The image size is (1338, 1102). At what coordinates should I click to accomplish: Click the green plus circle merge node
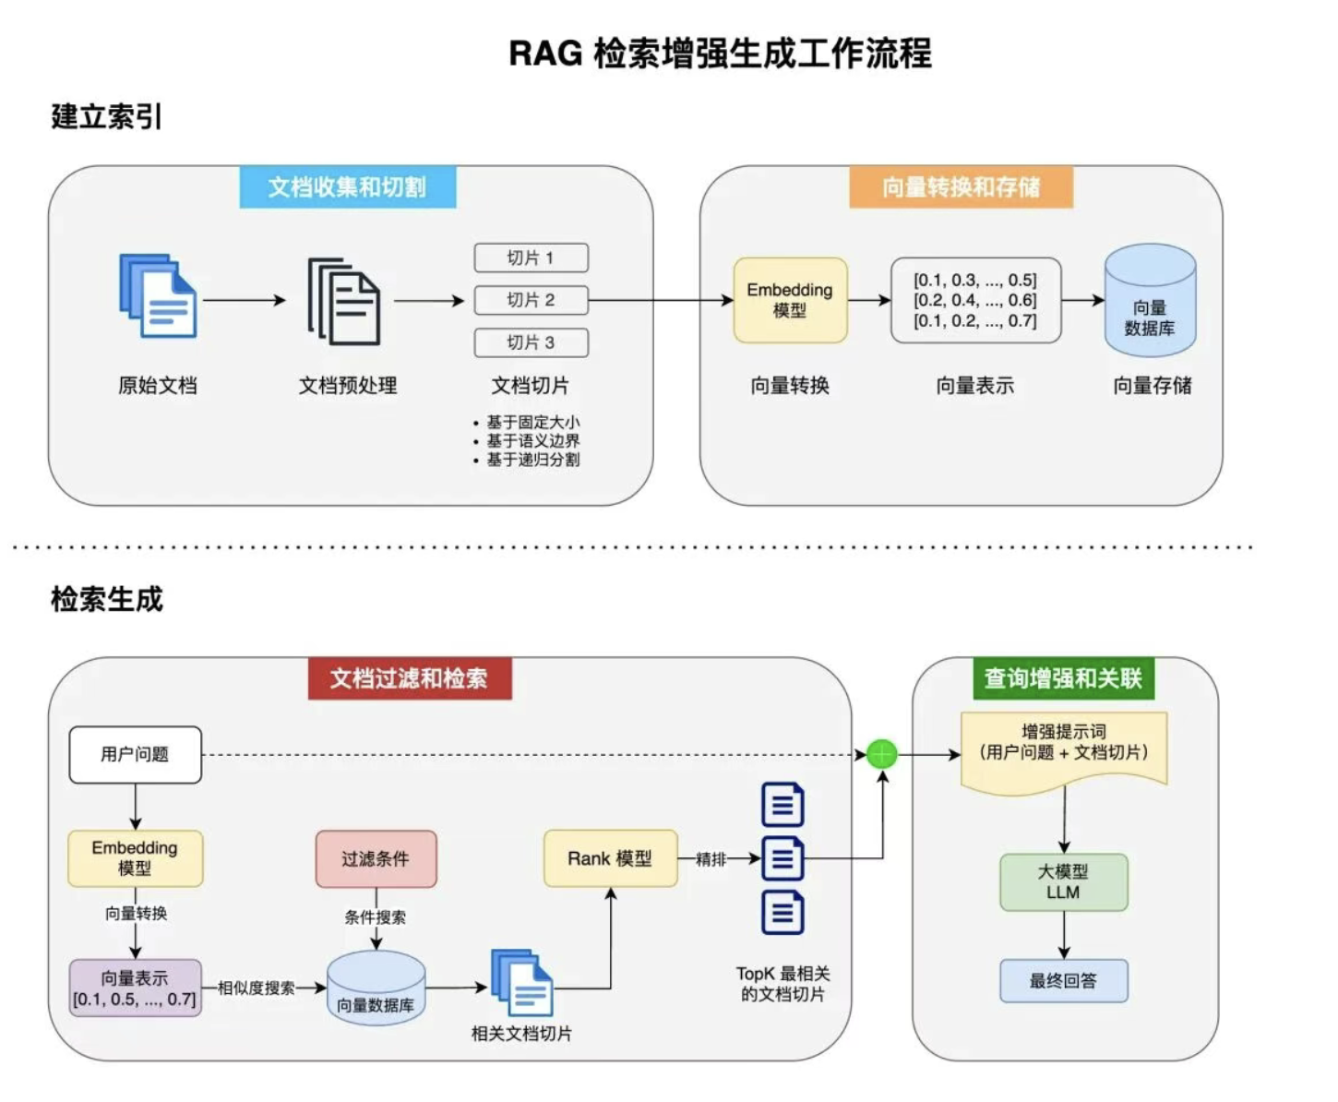click(882, 754)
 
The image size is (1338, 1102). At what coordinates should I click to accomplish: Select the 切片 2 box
click(531, 300)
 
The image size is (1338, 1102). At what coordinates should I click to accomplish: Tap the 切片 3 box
click(531, 342)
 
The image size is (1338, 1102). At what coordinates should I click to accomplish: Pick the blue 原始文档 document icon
click(158, 296)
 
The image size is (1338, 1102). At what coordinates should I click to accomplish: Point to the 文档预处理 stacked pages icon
click(343, 301)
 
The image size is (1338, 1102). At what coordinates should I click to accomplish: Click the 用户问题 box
click(136, 755)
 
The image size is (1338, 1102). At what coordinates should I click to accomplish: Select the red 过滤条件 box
click(376, 858)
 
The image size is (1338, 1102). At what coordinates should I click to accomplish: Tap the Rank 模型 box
click(610, 858)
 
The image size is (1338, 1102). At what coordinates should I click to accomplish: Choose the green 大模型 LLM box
click(1063, 882)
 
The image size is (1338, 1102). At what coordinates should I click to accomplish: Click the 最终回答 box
click(1063, 980)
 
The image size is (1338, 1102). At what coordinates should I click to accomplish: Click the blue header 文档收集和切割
click(348, 187)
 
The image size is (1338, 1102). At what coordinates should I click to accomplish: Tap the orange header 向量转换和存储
click(961, 187)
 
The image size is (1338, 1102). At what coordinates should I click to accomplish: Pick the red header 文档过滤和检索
click(409, 678)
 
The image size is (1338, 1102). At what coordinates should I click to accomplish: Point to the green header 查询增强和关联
click(1063, 678)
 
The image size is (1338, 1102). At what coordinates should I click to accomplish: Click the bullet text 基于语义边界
click(532, 441)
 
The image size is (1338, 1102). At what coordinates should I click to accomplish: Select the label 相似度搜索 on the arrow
click(256, 988)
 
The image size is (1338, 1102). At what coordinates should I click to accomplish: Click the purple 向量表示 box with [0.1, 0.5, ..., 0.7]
click(136, 988)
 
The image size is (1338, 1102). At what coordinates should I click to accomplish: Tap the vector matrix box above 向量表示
click(975, 300)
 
